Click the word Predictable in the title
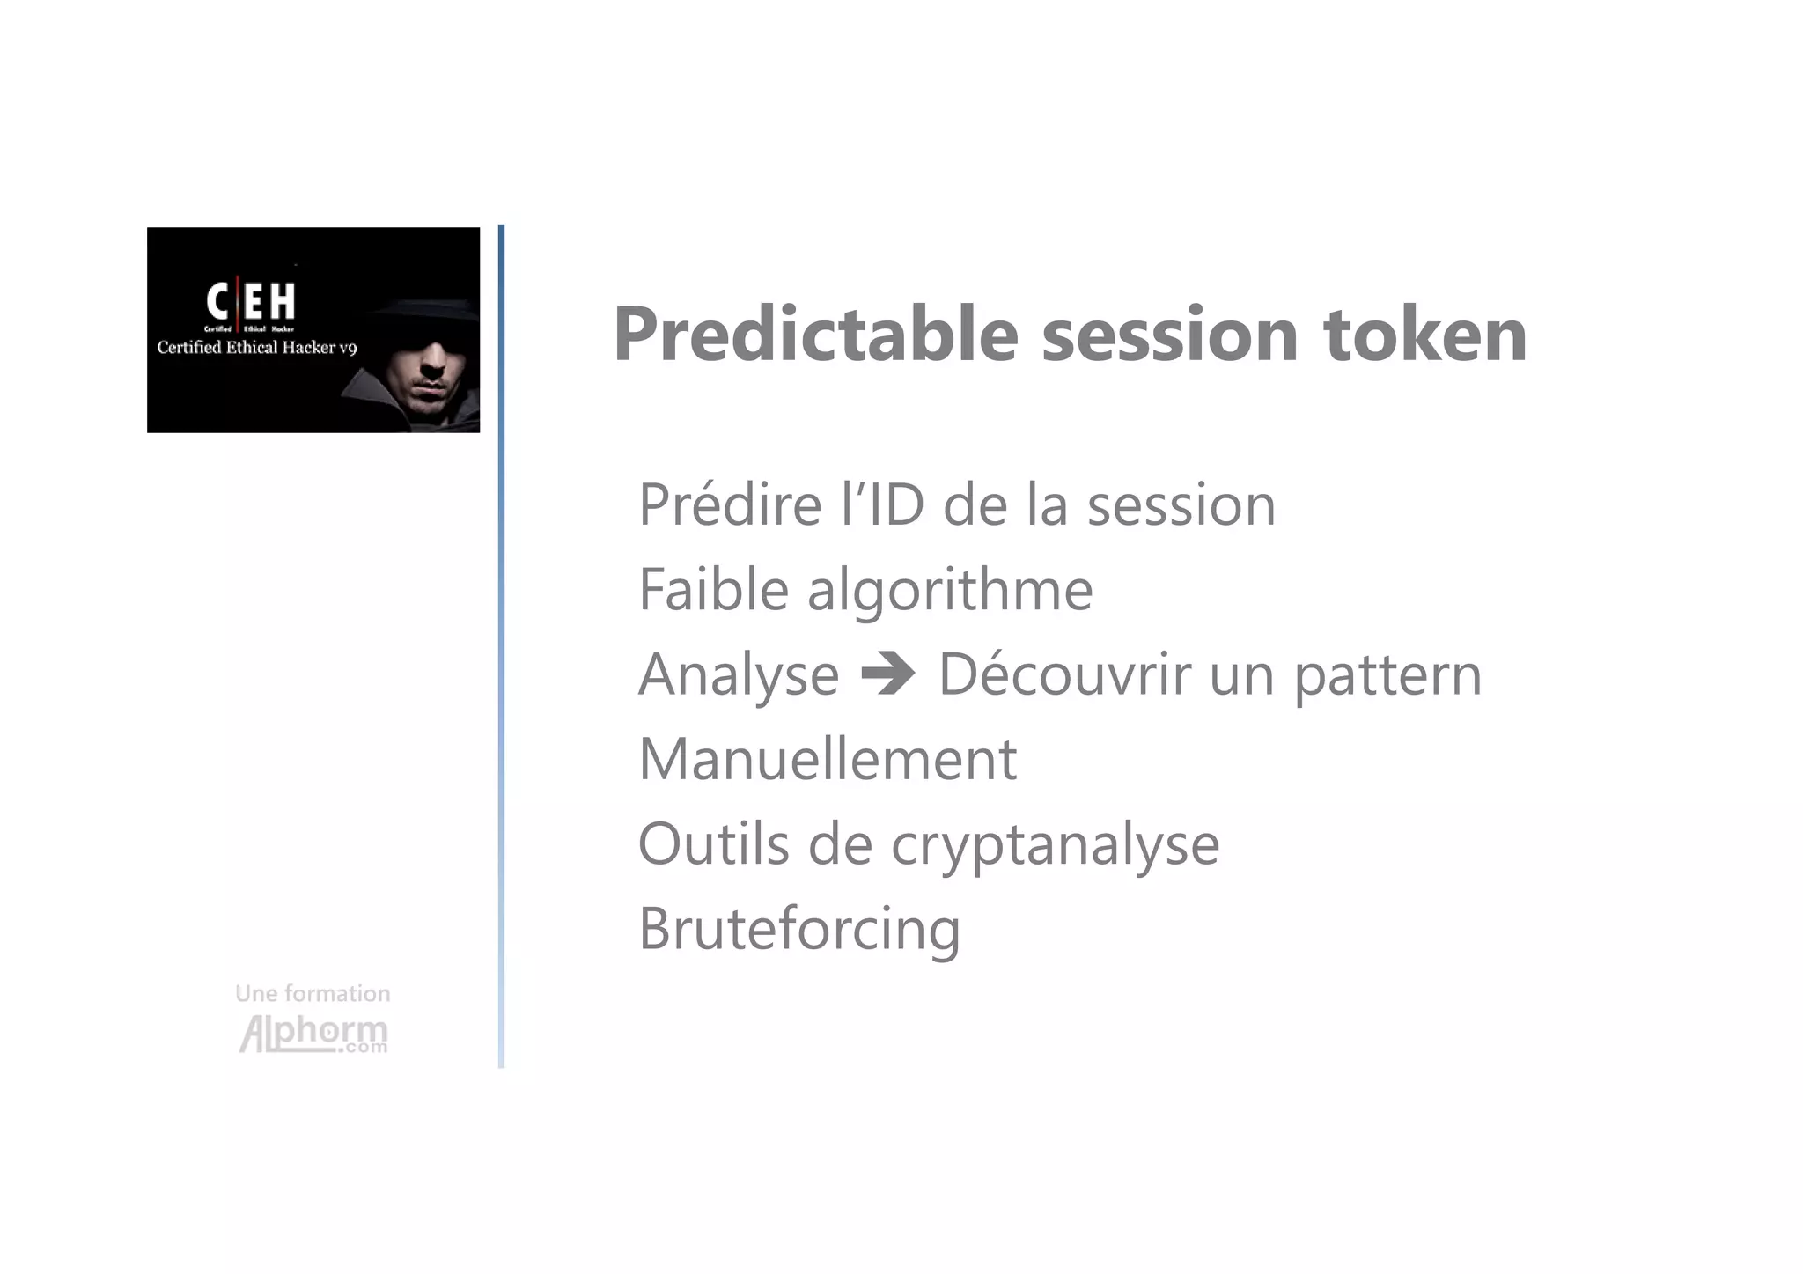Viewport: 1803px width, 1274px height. click(815, 335)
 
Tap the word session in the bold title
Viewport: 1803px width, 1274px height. click(1170, 335)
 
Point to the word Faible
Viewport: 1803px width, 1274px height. click(713, 589)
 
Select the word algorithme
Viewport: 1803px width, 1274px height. click(950, 591)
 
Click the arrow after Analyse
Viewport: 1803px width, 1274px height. click(888, 675)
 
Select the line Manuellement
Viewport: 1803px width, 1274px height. click(827, 759)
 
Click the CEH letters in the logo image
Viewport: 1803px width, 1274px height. click(251, 302)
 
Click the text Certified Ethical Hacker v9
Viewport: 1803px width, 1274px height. click(256, 348)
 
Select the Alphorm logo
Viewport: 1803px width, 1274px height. click(313, 1034)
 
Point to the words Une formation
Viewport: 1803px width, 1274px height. click(313, 994)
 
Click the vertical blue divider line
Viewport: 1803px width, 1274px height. click(501, 646)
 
